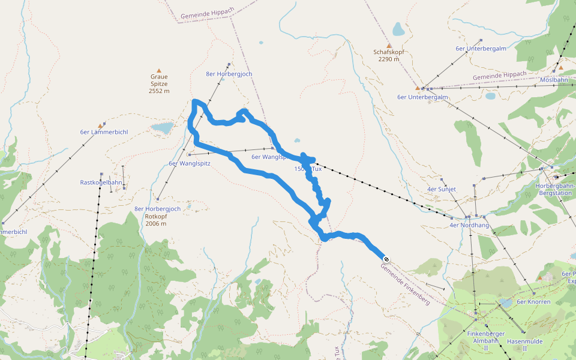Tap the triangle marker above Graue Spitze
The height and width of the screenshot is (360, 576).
click(159, 70)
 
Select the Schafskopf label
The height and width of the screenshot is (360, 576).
click(388, 52)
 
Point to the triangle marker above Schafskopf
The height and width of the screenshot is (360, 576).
click(389, 45)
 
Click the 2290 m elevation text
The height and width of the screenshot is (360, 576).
click(388, 59)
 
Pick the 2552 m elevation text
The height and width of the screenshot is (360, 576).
click(159, 91)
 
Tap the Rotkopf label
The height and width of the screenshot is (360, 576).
click(155, 216)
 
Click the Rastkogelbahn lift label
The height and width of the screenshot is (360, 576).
click(101, 182)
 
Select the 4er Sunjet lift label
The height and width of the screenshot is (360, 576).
click(442, 189)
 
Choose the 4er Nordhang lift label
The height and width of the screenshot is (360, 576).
click(469, 226)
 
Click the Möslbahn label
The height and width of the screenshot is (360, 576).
click(554, 80)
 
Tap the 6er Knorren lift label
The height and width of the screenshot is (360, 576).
click(533, 302)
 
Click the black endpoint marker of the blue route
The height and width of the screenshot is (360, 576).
click(386, 259)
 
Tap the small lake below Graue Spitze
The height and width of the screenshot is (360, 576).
click(162, 128)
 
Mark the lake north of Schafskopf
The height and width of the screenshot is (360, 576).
click(398, 29)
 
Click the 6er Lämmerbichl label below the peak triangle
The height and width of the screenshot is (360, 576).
click(104, 132)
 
